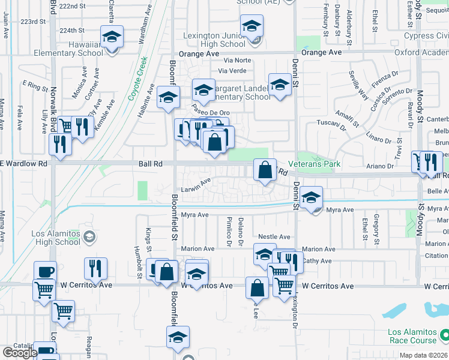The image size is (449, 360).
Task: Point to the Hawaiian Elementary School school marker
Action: tap(112, 37)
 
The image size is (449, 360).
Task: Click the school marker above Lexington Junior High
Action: tap(252, 26)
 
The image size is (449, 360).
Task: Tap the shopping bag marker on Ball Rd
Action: tap(264, 170)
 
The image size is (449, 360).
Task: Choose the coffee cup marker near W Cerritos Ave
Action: tap(45, 271)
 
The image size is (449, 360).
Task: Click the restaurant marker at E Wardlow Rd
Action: tap(60, 144)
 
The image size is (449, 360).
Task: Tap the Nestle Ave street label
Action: tap(274, 237)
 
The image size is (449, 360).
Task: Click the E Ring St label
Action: tap(35, 85)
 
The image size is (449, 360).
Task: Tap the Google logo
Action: tap(20, 353)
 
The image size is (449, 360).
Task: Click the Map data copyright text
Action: tap(424, 355)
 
